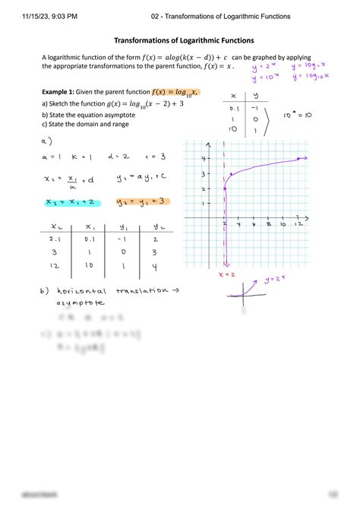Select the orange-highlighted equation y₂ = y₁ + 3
(x=141, y=202)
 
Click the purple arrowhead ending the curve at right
(x=303, y=158)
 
